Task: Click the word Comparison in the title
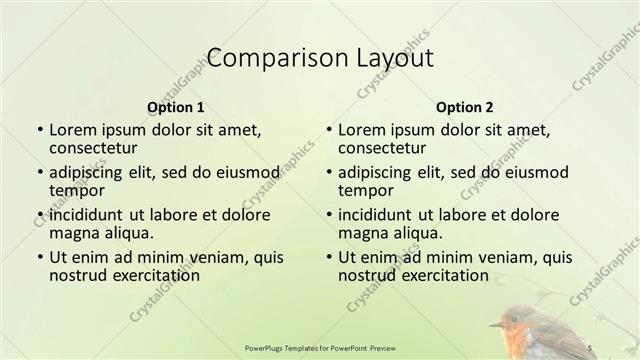tap(266, 58)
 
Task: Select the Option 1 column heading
tap(175, 107)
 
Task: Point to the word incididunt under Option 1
tap(89, 213)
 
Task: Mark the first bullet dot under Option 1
tap(39, 130)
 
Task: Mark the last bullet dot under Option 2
tap(327, 256)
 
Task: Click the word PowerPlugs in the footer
tap(267, 347)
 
